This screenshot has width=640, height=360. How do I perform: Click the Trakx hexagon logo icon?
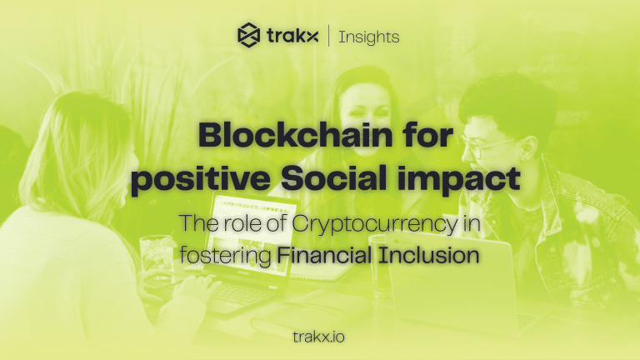click(249, 35)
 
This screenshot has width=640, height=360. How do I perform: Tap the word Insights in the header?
click(368, 36)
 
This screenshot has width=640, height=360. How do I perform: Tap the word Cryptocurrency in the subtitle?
click(379, 222)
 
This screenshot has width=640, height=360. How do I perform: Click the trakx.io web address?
click(320, 337)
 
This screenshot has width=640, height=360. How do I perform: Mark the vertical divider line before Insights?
click(327, 36)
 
